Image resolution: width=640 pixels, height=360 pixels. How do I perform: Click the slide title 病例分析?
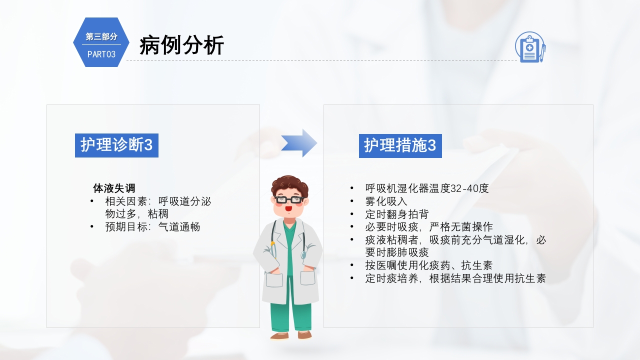point(181,45)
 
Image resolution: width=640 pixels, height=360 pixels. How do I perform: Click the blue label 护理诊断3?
point(116,145)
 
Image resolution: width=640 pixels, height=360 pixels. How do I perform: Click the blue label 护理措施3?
point(400,145)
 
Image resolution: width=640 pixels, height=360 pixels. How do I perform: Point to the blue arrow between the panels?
point(298,143)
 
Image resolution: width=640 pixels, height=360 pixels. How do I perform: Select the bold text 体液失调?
point(114,188)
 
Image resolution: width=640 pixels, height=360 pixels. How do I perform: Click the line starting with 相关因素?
point(158,201)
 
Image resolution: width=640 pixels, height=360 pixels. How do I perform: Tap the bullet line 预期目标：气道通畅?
point(152,227)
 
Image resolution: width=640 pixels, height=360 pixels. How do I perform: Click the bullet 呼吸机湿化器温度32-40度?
point(426,188)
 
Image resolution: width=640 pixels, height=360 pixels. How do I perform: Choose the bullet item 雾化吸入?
point(386,201)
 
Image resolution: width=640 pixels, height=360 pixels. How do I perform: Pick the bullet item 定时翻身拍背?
point(396,214)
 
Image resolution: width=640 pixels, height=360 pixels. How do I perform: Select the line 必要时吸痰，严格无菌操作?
point(428,227)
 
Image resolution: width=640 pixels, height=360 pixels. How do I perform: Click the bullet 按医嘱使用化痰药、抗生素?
point(428,265)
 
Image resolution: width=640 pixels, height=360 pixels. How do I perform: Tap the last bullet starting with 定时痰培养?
point(455,278)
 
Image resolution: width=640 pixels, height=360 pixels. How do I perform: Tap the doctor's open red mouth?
point(289,208)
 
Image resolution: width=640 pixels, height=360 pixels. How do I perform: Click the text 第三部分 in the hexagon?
point(101,36)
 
